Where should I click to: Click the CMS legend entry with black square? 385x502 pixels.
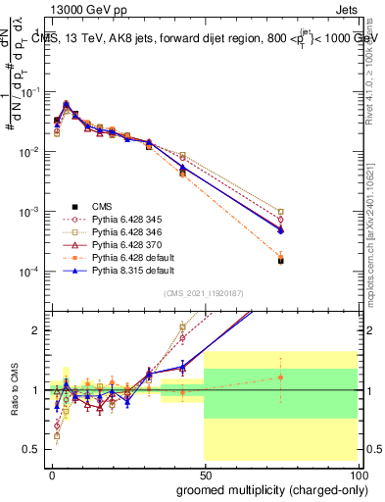coord(102,207)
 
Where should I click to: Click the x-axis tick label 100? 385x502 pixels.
coord(358,474)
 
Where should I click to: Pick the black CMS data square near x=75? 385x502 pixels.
coord(281,261)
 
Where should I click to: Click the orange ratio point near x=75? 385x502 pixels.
coord(281,376)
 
